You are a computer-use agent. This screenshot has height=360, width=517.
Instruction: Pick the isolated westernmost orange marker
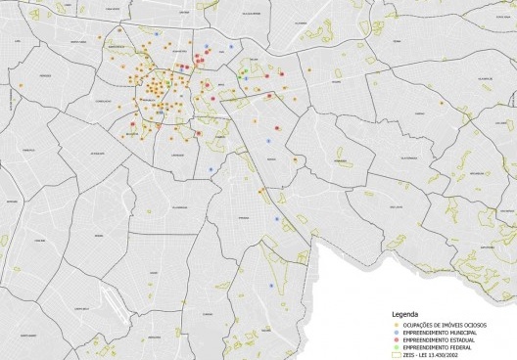pyautogui.click(x=20, y=85)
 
